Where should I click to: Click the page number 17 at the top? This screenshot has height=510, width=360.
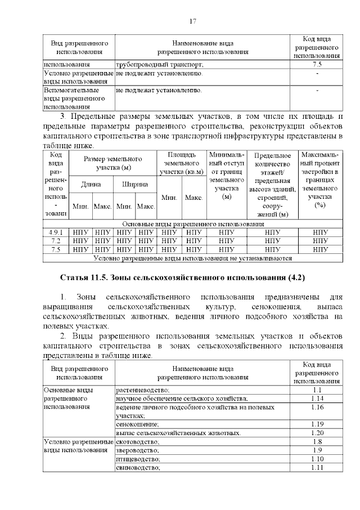[x=192, y=21]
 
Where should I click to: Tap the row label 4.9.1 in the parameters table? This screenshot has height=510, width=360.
[x=56, y=232]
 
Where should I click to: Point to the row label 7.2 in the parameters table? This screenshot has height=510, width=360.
[x=56, y=240]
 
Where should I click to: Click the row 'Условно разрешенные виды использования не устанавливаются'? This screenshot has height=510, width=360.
[x=192, y=258]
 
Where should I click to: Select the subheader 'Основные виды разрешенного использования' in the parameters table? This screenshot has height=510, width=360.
[x=192, y=223]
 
